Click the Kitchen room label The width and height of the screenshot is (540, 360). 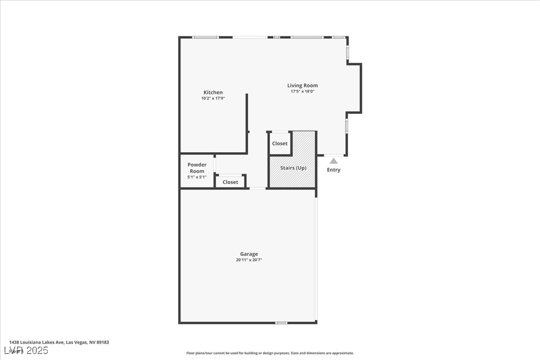[x=213, y=92]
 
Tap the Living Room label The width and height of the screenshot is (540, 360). [x=302, y=86]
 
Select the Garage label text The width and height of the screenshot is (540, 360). [x=249, y=254]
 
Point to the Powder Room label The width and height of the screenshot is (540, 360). [x=197, y=168]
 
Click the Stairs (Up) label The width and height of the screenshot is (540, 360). [x=293, y=168]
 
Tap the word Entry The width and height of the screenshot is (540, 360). [x=334, y=170]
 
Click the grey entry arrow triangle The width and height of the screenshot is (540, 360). [x=334, y=161]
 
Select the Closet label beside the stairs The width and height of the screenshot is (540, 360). [x=279, y=144]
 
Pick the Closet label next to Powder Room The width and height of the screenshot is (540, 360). [x=230, y=182]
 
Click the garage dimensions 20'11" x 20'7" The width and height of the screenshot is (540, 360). [x=249, y=260]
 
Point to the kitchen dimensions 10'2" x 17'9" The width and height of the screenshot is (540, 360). [x=213, y=98]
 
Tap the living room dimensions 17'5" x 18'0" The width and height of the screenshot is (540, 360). [x=302, y=91]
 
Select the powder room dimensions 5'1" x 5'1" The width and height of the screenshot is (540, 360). [x=197, y=177]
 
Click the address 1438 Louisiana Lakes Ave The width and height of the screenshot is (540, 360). [x=59, y=342]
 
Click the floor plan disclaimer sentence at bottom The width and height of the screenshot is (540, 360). [x=270, y=353]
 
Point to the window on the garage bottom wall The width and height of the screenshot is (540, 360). [x=281, y=323]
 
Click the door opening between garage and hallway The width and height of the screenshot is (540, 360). [x=257, y=188]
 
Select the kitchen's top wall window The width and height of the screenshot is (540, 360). [x=205, y=37]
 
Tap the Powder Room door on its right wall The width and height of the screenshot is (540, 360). [x=215, y=163]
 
